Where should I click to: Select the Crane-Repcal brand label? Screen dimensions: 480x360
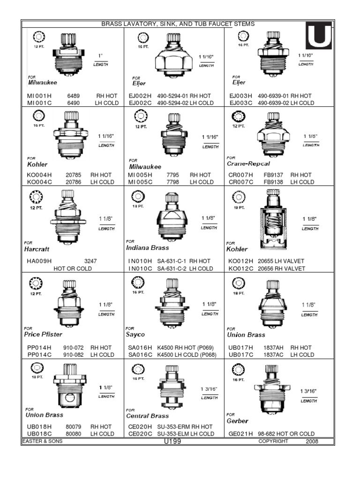(248, 164)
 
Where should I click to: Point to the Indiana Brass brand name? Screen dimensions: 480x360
(147, 247)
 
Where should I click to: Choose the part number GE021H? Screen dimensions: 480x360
(239, 434)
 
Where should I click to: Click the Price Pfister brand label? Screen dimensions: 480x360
(43, 335)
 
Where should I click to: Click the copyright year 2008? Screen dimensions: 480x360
(312, 442)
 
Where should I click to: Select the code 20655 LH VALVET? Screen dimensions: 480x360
(281, 261)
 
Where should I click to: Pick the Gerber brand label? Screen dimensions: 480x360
(237, 421)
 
